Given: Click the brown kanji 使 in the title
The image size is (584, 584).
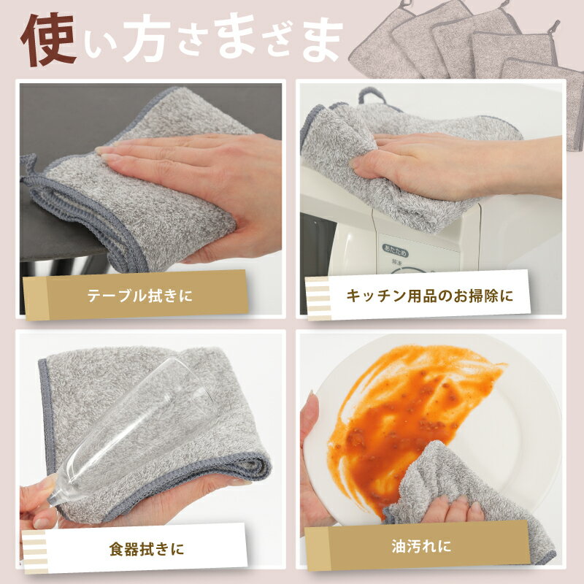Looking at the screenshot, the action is coord(49,39).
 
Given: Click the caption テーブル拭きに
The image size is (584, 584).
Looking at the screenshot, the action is coord(140,296).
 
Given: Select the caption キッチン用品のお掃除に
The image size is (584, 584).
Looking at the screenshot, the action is coord(429,296).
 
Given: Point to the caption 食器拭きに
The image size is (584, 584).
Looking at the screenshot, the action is coord(147,550).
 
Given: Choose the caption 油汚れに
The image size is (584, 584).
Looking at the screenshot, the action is coord(421,546).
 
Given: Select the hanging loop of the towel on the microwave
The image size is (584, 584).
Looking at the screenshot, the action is coord(372,96).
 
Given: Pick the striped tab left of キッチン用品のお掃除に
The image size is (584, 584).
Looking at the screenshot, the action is coord(318,299).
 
